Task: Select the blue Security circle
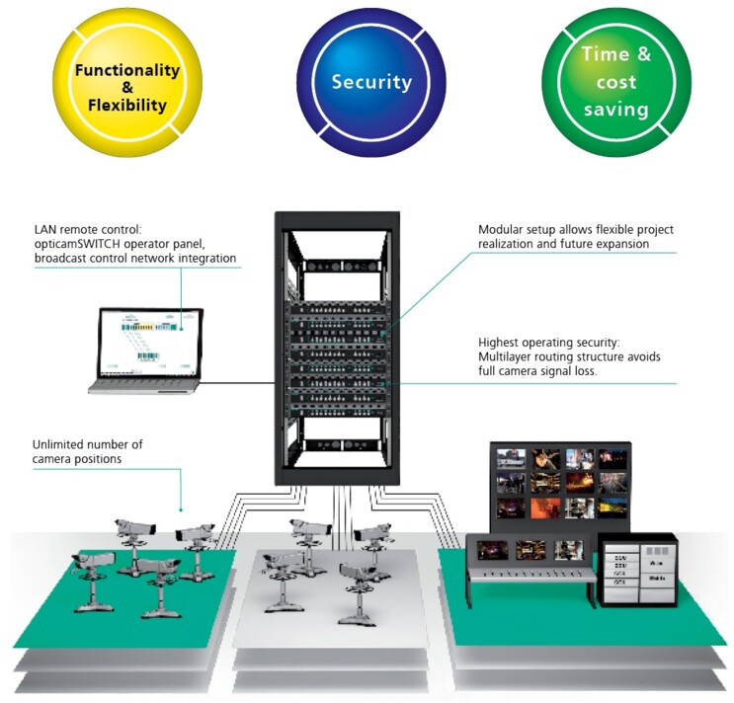(x=369, y=82)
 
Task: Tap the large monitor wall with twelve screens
(x=560, y=484)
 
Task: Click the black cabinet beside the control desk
(x=637, y=570)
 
